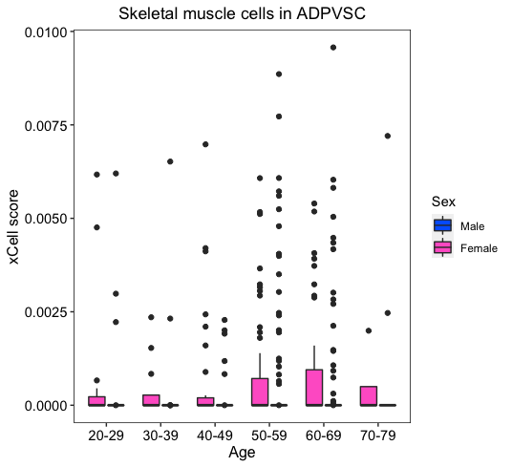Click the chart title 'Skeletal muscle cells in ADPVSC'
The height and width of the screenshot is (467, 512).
tap(242, 13)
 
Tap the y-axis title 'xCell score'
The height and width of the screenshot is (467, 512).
tap(13, 227)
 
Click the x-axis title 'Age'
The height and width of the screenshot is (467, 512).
tap(242, 453)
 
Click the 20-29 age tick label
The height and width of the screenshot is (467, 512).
tap(106, 435)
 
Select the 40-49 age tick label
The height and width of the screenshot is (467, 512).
tap(215, 435)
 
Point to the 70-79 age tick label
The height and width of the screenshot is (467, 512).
tap(378, 435)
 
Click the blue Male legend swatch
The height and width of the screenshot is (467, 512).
tap(443, 225)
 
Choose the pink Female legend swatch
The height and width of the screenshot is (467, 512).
tap(443, 247)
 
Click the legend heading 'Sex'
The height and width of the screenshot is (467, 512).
tap(443, 202)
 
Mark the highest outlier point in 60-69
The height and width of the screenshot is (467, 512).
tap(333, 48)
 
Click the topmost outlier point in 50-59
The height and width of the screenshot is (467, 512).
tap(279, 74)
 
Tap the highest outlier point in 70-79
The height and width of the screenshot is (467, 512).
tap(388, 136)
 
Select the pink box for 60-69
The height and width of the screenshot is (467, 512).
tap(314, 388)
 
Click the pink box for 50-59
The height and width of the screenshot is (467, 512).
tap(260, 392)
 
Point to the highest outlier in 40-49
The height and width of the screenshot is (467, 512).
tap(205, 144)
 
